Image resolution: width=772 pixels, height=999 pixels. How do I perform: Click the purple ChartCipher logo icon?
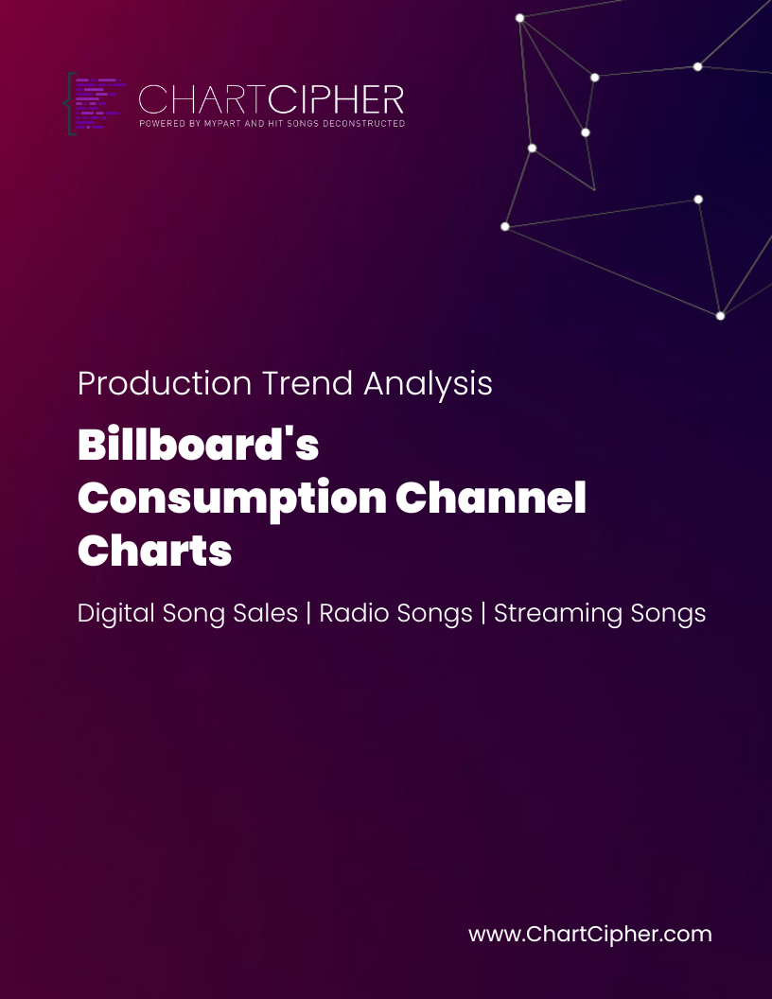point(95,104)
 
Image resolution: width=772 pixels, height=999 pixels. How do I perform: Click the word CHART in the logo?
point(202,100)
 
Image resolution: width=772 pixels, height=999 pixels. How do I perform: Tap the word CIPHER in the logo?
point(336,100)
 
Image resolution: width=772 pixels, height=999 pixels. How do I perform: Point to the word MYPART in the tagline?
point(223,124)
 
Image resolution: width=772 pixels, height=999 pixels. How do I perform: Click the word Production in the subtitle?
point(165,383)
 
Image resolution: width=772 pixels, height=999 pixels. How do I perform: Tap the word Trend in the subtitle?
point(307,383)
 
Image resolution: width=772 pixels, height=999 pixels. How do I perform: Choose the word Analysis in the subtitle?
point(428,384)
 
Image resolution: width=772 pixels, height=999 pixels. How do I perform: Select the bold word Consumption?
point(232,499)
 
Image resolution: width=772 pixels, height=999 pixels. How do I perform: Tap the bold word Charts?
point(155,550)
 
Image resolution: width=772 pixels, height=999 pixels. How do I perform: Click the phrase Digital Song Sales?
point(188,614)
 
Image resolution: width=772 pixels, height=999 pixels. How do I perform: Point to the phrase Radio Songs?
point(395,614)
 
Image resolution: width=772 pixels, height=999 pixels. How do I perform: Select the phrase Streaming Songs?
point(600,614)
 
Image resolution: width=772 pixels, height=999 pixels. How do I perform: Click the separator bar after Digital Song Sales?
point(309,614)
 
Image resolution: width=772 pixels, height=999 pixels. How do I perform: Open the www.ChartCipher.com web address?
point(589,934)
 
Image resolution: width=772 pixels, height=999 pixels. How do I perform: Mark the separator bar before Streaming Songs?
point(483,614)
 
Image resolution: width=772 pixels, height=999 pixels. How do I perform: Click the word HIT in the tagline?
point(275,124)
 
